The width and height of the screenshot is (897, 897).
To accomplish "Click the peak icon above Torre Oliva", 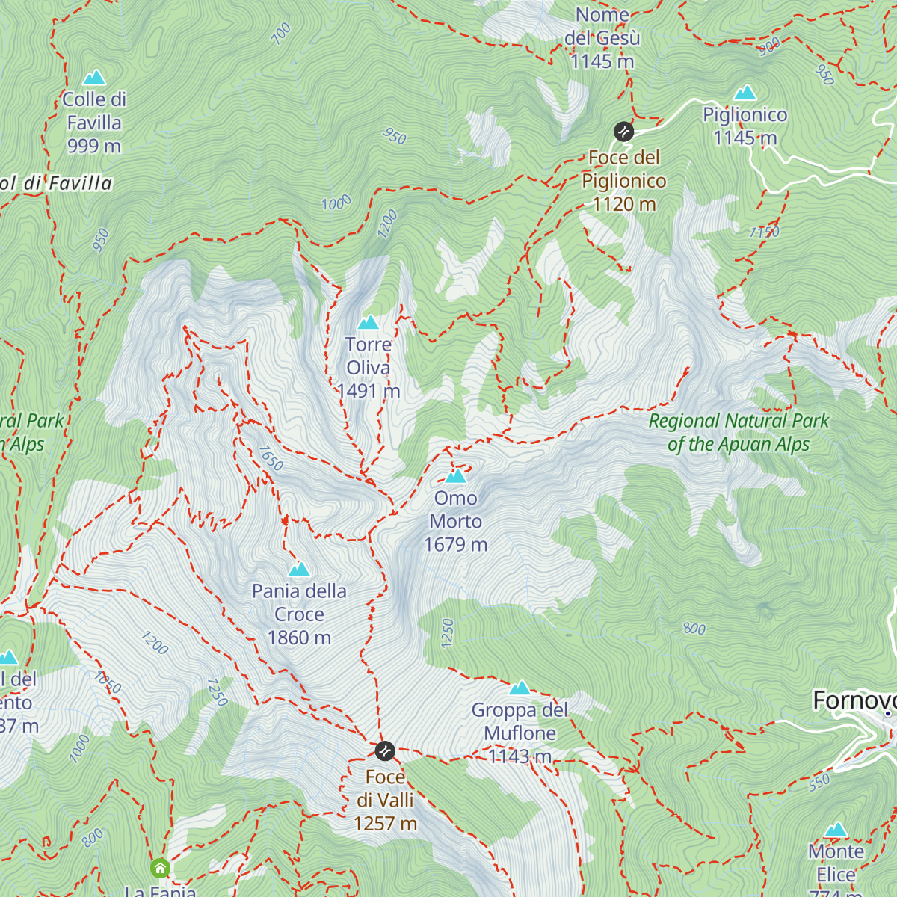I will [368, 323].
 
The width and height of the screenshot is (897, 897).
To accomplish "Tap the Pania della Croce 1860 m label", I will [299, 614].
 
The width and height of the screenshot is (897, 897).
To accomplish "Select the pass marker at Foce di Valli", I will [384, 750].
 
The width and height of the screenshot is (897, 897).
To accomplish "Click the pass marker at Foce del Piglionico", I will [623, 132].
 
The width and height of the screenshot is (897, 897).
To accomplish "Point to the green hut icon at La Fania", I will [160, 868].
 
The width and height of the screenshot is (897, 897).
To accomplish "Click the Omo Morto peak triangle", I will [455, 476].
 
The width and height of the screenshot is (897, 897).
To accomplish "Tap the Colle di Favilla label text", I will [94, 123].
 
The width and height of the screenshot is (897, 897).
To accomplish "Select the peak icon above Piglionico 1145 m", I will [745, 93].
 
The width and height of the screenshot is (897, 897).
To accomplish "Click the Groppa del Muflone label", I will [520, 733].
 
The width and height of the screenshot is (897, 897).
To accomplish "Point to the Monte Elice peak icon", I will [836, 830].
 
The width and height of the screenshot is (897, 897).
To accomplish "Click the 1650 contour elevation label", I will [271, 458].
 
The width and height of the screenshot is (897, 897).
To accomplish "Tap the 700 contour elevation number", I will [282, 34].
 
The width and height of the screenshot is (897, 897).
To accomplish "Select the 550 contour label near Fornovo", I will [819, 782].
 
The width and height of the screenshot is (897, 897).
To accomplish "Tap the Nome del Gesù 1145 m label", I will [602, 37].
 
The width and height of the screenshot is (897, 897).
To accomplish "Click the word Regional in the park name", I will [683, 421].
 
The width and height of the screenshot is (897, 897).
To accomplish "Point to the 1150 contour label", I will [764, 232].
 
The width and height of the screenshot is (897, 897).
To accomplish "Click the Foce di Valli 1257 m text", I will [385, 800].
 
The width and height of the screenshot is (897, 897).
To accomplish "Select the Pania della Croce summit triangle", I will [299, 570].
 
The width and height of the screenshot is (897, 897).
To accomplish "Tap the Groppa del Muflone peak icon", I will [520, 688].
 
